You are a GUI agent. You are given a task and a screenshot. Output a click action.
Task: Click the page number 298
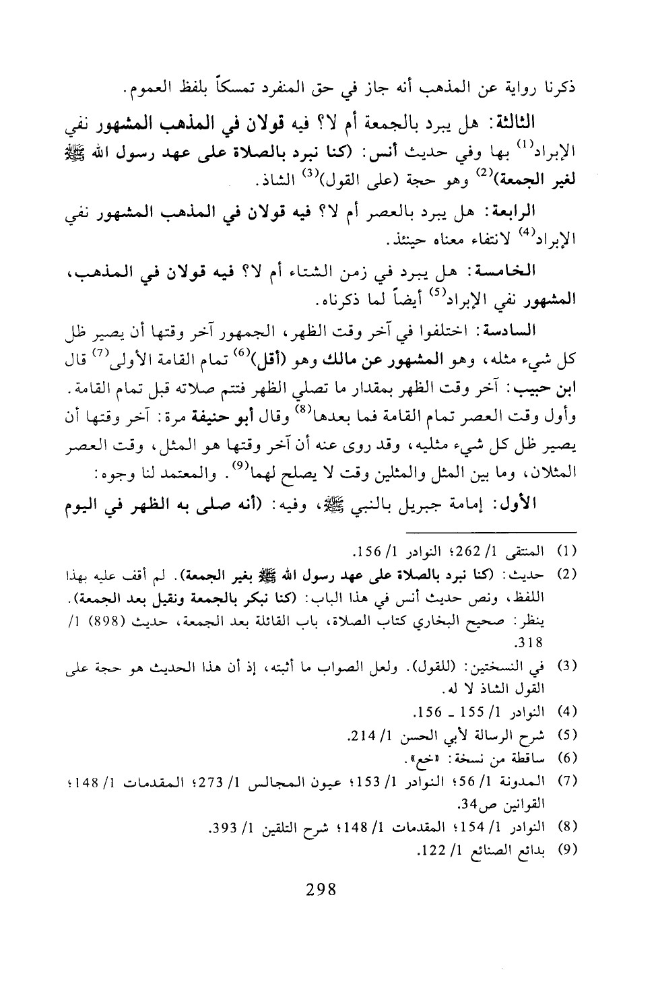[x=321, y=889]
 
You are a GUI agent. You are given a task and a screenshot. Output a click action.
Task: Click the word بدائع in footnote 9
[x=532, y=851]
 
